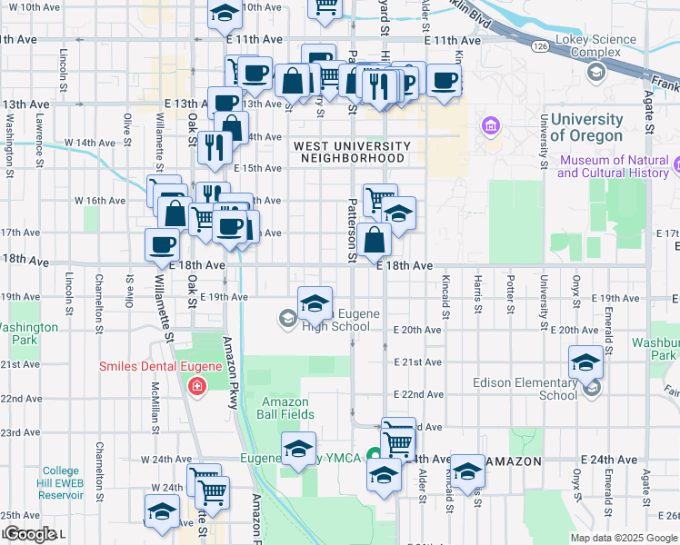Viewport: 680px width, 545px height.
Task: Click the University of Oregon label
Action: click(x=586, y=127)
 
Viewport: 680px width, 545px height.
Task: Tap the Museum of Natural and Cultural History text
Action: click(x=614, y=166)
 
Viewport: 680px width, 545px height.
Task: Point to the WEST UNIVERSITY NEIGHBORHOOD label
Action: click(x=351, y=152)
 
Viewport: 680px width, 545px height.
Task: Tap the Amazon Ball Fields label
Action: click(x=288, y=408)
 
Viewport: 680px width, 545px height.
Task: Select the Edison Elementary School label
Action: click(x=525, y=389)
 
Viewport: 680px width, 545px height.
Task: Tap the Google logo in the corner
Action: click(x=31, y=534)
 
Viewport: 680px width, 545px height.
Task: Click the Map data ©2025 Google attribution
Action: click(x=623, y=537)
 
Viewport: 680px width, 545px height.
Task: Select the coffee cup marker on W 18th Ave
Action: click(x=163, y=243)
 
